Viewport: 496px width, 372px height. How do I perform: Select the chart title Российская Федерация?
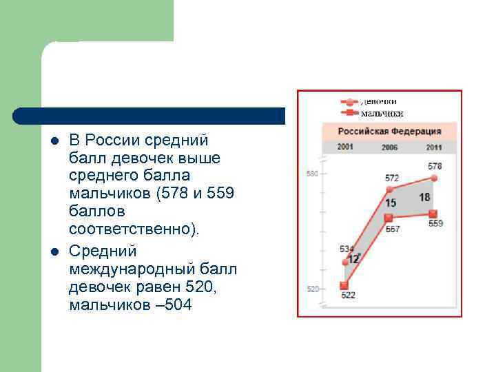click(389, 131)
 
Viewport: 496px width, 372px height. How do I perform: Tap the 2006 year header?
click(390, 147)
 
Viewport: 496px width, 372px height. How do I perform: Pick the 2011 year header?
click(434, 147)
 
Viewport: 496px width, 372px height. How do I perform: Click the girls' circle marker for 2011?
click(434, 177)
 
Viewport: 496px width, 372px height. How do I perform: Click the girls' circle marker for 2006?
click(390, 189)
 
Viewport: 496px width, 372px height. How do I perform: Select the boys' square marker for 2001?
click(345, 285)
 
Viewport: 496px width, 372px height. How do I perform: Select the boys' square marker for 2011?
click(434, 213)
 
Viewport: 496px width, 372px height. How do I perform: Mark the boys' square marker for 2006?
click(390, 218)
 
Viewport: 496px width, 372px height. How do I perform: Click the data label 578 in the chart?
click(435, 166)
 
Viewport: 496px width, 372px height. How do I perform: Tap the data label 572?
click(391, 178)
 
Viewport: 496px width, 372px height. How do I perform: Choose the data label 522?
click(348, 296)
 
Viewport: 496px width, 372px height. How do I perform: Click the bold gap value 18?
click(424, 198)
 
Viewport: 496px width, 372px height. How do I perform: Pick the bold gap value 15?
click(391, 203)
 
